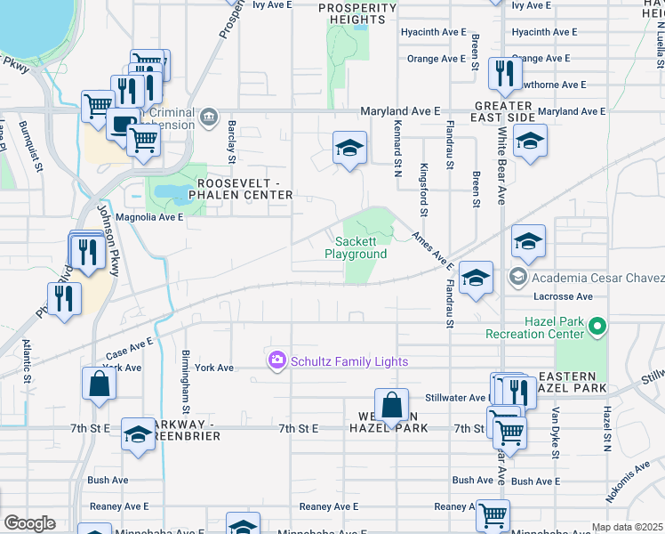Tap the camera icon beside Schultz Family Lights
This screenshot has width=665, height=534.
(276, 360)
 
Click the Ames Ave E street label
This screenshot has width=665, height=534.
(432, 251)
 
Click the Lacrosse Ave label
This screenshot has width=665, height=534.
(564, 296)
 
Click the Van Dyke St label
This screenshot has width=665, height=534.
(556, 433)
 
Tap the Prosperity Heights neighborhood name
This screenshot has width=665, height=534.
(357, 13)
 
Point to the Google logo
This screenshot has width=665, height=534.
(29, 523)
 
